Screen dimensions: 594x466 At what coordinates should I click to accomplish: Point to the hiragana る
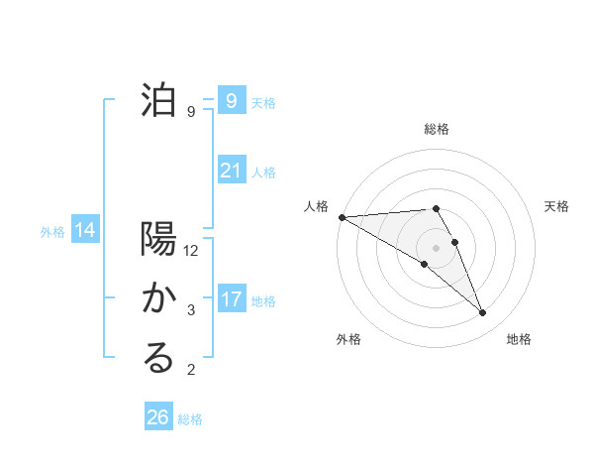coord(158,359)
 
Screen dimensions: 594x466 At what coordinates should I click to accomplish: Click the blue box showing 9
coord(231,100)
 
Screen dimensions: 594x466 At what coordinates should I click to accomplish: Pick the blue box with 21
coord(231,171)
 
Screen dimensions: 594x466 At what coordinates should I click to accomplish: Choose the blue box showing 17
coord(231,298)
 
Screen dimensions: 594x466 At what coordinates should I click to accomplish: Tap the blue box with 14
coord(85,230)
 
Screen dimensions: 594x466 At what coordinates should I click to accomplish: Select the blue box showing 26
coord(158,417)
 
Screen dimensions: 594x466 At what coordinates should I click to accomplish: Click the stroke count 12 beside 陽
coord(191,252)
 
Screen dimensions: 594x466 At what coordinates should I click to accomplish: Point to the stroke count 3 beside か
coord(191,310)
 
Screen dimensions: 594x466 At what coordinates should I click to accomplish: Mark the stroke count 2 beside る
coord(191,371)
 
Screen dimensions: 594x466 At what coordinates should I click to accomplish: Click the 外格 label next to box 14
coord(52,232)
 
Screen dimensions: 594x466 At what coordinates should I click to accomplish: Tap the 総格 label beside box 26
coord(190,419)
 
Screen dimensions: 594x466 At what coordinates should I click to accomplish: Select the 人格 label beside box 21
coord(263,173)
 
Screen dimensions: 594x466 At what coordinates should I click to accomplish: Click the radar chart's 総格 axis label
coord(437,129)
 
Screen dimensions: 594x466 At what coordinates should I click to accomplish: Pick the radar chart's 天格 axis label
coord(557,206)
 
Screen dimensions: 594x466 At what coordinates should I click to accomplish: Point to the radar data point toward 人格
coord(342,217)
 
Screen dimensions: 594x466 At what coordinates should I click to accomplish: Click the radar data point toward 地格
coord(483,313)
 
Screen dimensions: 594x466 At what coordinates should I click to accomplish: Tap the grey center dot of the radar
coord(436,248)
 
